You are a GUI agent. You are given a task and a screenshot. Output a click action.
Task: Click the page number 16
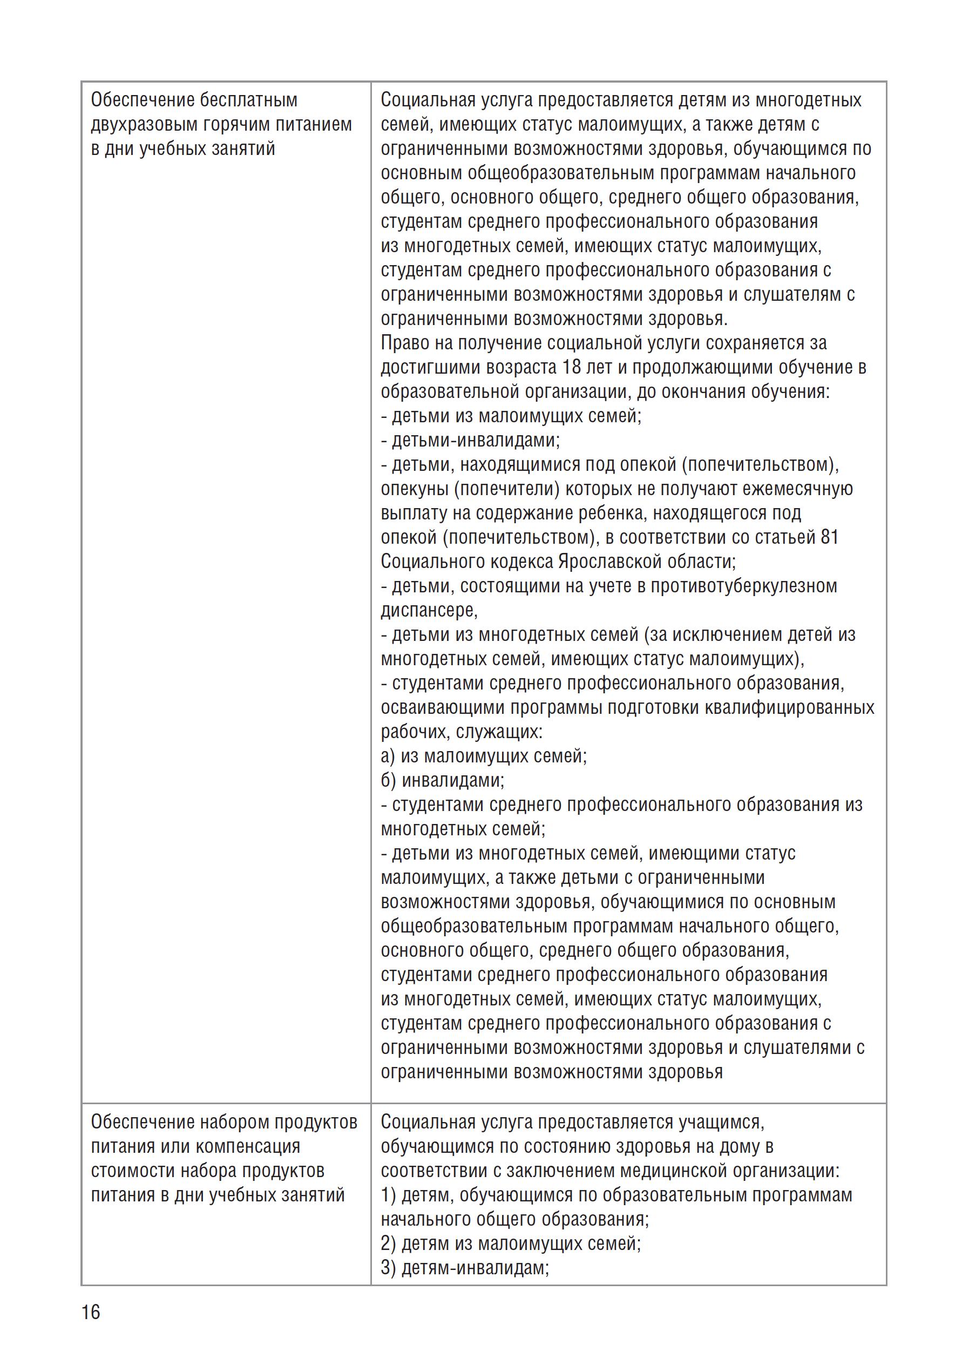91,1329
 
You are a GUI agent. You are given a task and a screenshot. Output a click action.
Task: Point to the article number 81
829,537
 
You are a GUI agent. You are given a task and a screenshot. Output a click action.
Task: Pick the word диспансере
429,611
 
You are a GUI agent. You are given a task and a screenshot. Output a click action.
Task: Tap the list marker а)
388,756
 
